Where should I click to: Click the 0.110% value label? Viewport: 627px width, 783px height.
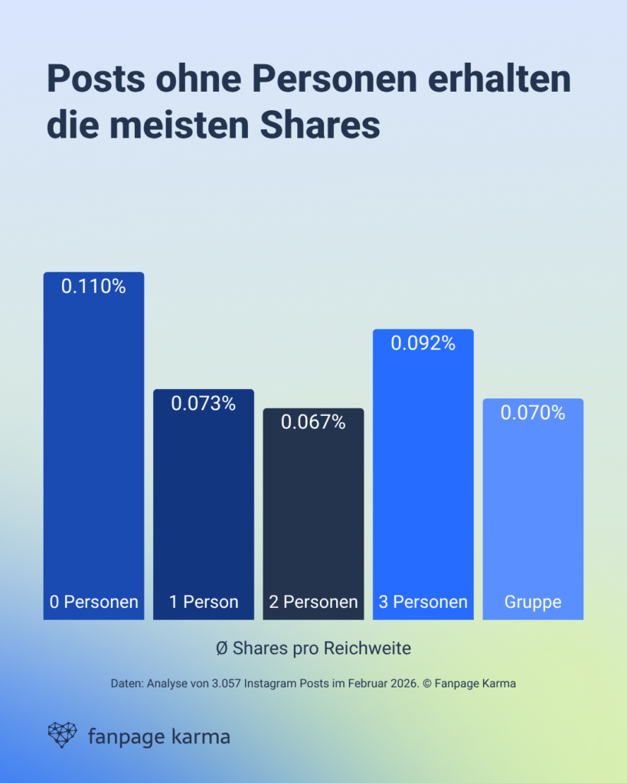click(x=93, y=287)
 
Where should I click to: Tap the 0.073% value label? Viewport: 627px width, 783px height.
click(x=203, y=404)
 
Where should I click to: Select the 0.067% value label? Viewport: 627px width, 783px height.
click(x=313, y=422)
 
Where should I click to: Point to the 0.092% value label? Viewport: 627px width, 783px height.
click(x=423, y=343)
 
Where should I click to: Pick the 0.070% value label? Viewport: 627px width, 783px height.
click(x=533, y=413)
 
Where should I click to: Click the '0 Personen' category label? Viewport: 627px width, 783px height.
click(x=93, y=602)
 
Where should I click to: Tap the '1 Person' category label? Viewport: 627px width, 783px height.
click(x=204, y=602)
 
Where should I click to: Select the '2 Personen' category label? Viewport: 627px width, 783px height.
click(x=313, y=602)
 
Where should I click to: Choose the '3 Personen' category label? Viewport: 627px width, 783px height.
click(x=423, y=602)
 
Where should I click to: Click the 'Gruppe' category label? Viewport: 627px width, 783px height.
click(x=533, y=602)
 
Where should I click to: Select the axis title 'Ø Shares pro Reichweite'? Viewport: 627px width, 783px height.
click(x=313, y=648)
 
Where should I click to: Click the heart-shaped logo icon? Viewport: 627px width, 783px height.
click(x=63, y=735)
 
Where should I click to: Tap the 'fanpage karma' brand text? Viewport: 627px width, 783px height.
click(x=158, y=737)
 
